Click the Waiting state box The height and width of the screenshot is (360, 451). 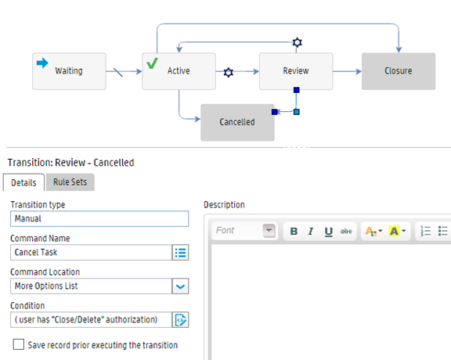click(69, 71)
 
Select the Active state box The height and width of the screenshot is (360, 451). click(179, 71)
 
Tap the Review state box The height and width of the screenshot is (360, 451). click(296, 71)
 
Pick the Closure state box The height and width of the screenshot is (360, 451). click(399, 71)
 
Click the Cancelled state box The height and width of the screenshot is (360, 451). click(237, 123)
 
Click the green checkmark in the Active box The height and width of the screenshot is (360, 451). click(152, 63)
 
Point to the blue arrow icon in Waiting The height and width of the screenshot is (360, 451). click(42, 63)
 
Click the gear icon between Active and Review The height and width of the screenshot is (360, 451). click(229, 72)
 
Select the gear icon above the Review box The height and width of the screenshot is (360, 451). click(297, 42)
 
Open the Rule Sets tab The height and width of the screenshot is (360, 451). click(70, 182)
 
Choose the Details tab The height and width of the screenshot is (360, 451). click(23, 182)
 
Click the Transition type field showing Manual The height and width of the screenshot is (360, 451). click(99, 219)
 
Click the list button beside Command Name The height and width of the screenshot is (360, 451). click(180, 253)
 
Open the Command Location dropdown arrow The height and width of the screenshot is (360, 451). click(180, 286)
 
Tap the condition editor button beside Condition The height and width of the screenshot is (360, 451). click(180, 320)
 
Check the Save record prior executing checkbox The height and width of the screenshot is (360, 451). click(19, 344)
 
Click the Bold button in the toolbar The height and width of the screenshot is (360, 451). click(294, 231)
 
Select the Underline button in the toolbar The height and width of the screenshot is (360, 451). click(329, 232)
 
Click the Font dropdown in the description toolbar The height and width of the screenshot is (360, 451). click(245, 231)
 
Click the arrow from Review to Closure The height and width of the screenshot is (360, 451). click(347, 71)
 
